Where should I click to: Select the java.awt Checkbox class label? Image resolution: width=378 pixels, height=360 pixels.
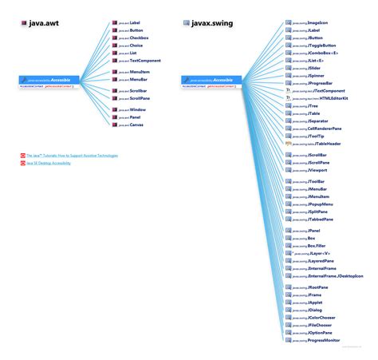pyautogui.click(x=138, y=38)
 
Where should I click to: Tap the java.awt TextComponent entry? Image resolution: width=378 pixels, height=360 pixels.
pyautogui.click(x=144, y=61)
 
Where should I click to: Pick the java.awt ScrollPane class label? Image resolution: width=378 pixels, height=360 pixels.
pyautogui.click(x=139, y=98)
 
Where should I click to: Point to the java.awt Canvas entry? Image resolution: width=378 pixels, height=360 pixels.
pyautogui.click(x=136, y=125)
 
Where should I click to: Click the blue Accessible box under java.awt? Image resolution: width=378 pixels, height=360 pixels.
pyautogui.click(x=47, y=81)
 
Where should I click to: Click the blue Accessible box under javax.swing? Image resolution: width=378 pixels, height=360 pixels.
pyautogui.click(x=211, y=81)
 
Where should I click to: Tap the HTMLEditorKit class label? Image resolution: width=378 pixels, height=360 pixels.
pyautogui.click(x=324, y=98)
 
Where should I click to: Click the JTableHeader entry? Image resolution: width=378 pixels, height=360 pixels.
pyautogui.click(x=323, y=144)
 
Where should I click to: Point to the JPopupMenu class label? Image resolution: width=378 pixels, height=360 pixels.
pyautogui.click(x=320, y=204)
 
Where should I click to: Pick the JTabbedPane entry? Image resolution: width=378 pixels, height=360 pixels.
pyautogui.click(x=320, y=219)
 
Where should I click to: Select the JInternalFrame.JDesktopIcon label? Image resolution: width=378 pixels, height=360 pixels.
pyautogui.click(x=335, y=276)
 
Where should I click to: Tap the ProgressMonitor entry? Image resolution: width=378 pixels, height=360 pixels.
pyautogui.click(x=323, y=340)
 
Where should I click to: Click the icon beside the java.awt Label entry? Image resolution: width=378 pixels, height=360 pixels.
pyautogui.click(x=115, y=23)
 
